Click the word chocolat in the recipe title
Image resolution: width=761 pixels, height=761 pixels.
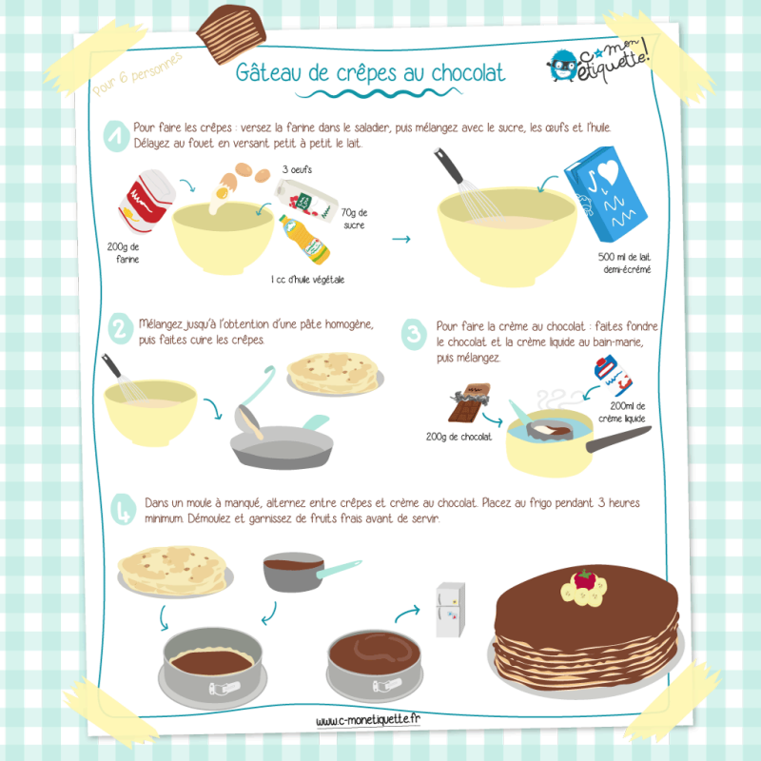(468, 73)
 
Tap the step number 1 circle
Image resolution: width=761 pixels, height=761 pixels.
(116, 136)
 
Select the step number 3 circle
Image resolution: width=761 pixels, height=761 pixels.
(414, 334)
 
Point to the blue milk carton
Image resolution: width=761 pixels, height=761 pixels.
(605, 194)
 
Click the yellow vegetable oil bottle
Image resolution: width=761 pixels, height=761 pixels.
(304, 240)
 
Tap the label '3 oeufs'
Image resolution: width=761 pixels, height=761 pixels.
(297, 169)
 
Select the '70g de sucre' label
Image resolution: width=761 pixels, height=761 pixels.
(354, 219)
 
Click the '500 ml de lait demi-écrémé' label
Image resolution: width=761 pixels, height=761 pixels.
(625, 263)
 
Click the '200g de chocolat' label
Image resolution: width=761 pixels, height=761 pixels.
(459, 437)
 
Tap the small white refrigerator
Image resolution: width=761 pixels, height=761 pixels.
(450, 610)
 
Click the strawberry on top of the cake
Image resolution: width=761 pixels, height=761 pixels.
(584, 579)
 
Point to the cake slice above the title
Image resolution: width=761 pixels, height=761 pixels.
(231, 34)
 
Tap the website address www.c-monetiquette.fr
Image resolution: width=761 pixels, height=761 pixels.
(368, 720)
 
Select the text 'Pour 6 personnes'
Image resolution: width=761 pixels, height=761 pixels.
(137, 74)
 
